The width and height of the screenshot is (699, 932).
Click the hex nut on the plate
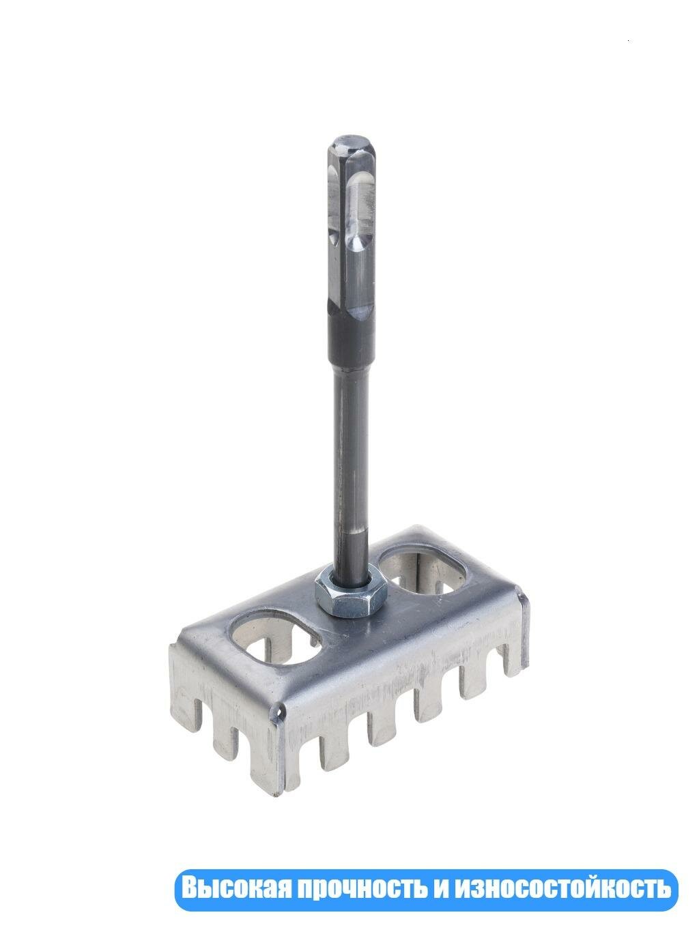[x=350, y=592]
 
